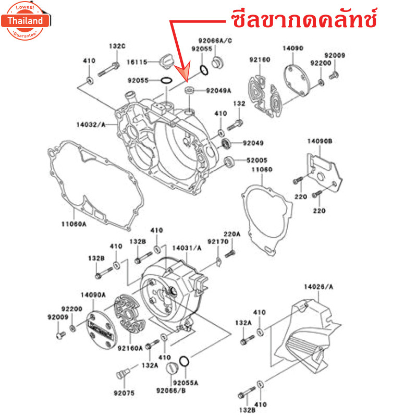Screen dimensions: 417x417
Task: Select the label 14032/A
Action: tap(91, 125)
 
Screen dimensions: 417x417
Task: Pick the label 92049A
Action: tap(218, 91)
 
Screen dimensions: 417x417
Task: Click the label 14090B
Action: tap(319, 141)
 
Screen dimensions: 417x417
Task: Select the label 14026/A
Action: tap(318, 287)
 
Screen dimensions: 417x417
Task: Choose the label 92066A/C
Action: tap(215, 41)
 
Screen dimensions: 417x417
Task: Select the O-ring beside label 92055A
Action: tap(183, 360)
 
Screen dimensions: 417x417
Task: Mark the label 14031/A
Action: tap(186, 249)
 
